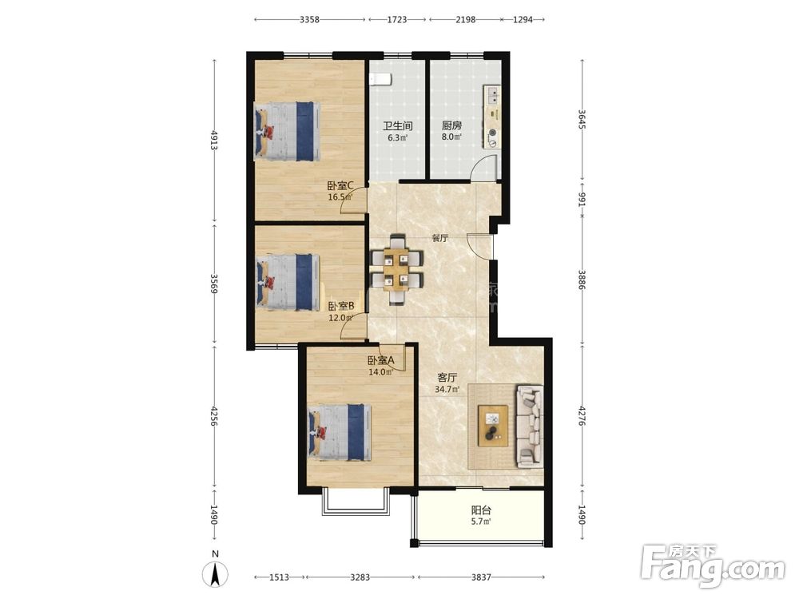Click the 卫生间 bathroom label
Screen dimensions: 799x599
[397, 125]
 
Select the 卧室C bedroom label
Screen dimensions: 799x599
[340, 186]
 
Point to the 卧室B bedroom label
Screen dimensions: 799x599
[341, 306]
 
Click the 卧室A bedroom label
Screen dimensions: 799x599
[380, 360]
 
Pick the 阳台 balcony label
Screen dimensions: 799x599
[481, 510]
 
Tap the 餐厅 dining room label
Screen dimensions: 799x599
[439, 238]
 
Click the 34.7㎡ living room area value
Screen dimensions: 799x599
[447, 390]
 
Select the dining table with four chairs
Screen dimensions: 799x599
[397, 269]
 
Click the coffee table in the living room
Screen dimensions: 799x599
[493, 426]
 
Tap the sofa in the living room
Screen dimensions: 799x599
[531, 426]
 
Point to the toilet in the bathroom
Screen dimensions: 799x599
[380, 79]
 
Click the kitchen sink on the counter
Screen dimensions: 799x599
[493, 94]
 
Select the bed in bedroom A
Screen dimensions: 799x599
[340, 432]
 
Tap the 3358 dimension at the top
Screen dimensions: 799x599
[309, 19]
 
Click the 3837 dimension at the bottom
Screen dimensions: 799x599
[481, 577]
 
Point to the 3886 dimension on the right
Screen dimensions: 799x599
[582, 279]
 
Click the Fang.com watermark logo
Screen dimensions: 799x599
[713, 565]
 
